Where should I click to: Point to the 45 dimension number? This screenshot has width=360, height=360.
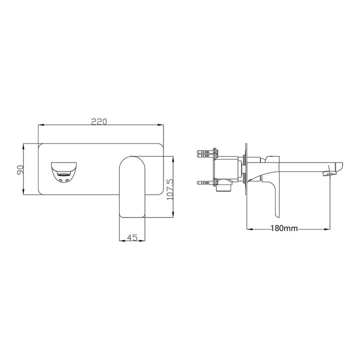(x=132, y=238)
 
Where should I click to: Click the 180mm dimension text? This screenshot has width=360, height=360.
(x=284, y=228)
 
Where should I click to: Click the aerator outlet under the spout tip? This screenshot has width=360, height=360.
(x=327, y=173)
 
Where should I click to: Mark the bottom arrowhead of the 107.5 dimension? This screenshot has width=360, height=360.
(x=173, y=215)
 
